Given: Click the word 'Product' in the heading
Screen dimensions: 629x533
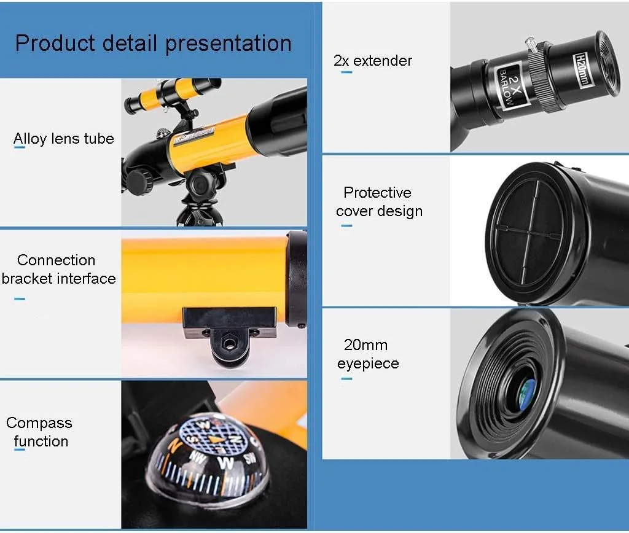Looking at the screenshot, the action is [55, 43].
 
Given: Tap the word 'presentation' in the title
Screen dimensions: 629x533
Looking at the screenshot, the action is [229, 44].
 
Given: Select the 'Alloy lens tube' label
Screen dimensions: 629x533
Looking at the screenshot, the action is [64, 138].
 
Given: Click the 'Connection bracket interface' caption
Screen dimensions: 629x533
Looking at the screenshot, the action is [58, 269].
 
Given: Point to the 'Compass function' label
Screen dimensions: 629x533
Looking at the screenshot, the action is [39, 432].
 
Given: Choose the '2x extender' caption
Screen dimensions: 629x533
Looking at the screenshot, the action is [373, 61].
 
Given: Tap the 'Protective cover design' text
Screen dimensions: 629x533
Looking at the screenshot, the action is [379, 202].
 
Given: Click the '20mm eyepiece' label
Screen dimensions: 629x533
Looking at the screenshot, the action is [368, 354].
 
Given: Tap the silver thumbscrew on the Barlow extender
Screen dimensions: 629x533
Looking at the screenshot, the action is [531, 44].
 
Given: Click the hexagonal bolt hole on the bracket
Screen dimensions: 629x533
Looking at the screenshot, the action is [229, 344].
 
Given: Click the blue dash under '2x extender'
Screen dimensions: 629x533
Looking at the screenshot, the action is [346, 72].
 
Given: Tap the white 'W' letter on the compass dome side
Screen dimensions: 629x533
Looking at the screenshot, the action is [226, 462].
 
